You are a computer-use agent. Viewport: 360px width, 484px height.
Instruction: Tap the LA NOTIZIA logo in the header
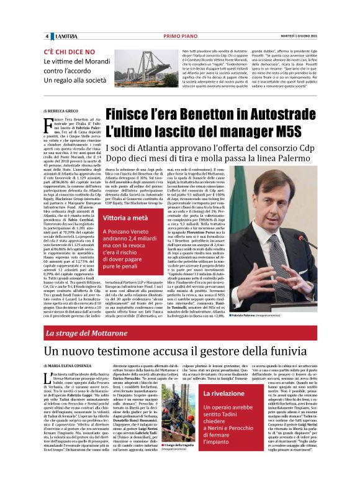coord(64,35)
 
